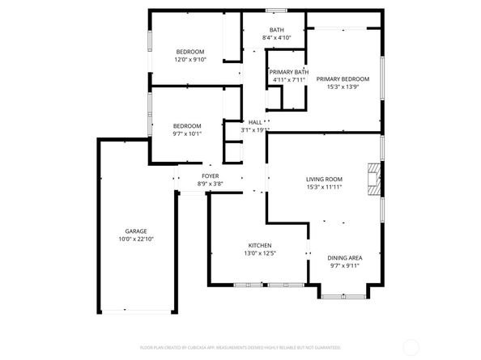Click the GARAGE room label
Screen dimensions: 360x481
pos(135,231)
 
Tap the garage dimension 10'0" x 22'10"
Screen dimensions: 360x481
pos(135,239)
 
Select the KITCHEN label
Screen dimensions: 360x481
pos(259,245)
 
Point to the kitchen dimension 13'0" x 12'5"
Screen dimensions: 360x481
pos(259,253)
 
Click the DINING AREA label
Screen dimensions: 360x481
pos(346,257)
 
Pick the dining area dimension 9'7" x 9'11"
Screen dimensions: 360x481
pos(346,265)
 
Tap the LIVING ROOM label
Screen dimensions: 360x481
pos(324,179)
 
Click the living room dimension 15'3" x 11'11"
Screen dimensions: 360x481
pos(324,187)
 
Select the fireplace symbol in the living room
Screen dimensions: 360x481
pos(372,178)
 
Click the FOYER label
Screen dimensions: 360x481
pos(210,176)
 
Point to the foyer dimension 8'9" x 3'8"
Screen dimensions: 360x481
pos(210,184)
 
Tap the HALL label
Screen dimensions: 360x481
pos(254,122)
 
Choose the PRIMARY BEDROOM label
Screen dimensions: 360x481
pos(343,78)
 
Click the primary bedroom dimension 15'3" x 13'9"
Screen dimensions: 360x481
pos(343,87)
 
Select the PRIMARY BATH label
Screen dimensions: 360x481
pos(288,71)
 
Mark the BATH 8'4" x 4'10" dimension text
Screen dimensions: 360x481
pos(276,38)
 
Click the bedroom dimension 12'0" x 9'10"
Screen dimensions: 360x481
pos(190,59)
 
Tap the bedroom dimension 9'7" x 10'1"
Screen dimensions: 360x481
pos(187,133)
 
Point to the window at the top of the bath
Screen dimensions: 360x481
pos(276,11)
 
